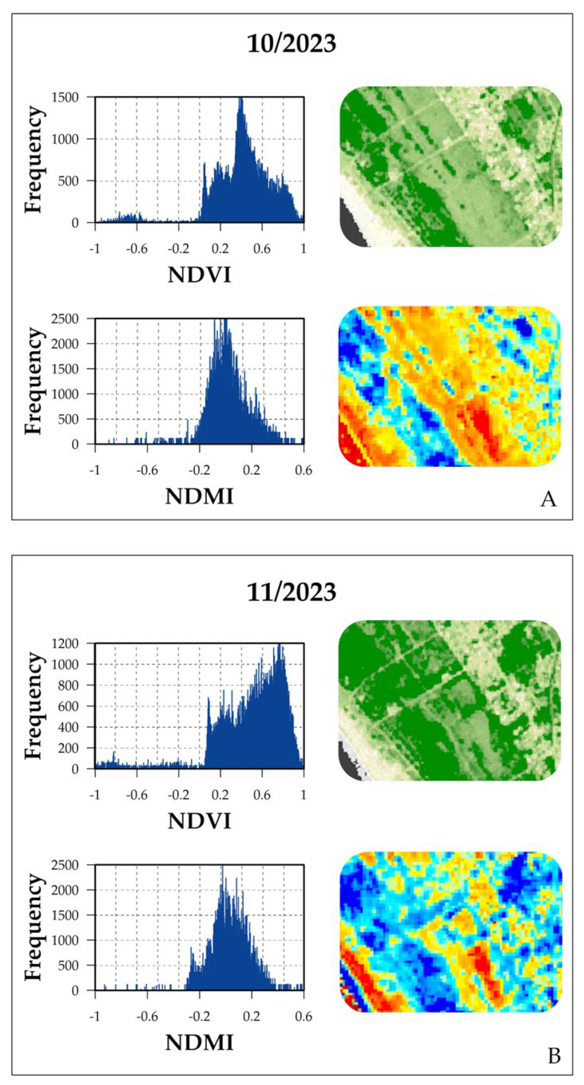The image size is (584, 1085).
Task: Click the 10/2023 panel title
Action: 292,43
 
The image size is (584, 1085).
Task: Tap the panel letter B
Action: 554,1056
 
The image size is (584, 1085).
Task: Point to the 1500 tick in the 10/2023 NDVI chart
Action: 65,97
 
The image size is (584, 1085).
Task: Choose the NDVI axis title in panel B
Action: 199,821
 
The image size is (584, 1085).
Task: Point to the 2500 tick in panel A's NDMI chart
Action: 65,319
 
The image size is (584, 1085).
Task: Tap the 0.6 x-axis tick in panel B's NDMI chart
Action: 303,1016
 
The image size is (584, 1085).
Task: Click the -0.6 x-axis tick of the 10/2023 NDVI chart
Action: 137,249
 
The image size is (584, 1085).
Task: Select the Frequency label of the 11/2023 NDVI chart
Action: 34,706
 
